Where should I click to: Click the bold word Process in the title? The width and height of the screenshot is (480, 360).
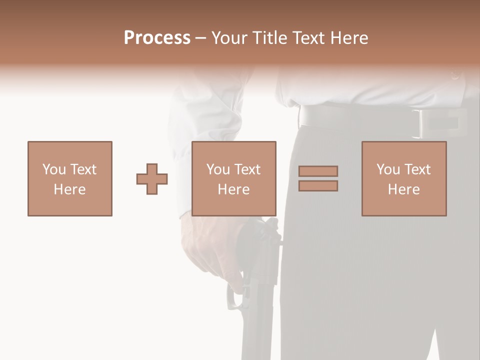click(157, 38)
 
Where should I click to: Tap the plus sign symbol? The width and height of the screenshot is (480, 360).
click(152, 179)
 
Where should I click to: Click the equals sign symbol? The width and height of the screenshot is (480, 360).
click(318, 178)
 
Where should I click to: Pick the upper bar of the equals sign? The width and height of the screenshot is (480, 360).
click(318, 171)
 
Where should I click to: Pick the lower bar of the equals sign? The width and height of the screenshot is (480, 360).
click(318, 186)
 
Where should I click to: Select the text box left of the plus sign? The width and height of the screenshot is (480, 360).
click(70, 178)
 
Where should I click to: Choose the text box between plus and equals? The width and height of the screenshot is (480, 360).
click(234, 178)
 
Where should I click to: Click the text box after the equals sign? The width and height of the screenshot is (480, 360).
click(404, 178)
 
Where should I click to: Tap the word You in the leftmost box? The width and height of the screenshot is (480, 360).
click(53, 169)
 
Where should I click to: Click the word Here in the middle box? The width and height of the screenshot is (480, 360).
click(234, 189)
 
